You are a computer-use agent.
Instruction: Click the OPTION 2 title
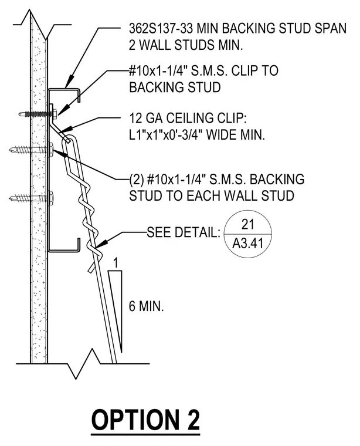(x=145, y=420)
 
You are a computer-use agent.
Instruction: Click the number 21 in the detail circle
(x=248, y=224)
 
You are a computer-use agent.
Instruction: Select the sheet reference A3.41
(x=248, y=244)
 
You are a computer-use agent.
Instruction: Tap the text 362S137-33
(x=161, y=28)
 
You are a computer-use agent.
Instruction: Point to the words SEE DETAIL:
(x=184, y=232)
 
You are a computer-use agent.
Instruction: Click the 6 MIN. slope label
(x=147, y=306)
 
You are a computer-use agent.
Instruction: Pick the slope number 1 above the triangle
(x=115, y=263)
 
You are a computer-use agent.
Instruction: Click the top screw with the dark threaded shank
(x=38, y=114)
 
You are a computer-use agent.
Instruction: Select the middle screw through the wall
(x=31, y=149)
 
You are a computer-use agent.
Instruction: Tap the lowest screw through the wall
(x=31, y=197)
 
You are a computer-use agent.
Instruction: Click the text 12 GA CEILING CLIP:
(x=188, y=119)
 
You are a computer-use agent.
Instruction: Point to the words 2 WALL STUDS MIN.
(x=186, y=45)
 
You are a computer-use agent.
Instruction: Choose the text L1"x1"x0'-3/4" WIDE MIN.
(x=197, y=135)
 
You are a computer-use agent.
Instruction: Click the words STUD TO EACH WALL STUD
(x=212, y=196)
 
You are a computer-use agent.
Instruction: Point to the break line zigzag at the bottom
(x=83, y=363)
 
